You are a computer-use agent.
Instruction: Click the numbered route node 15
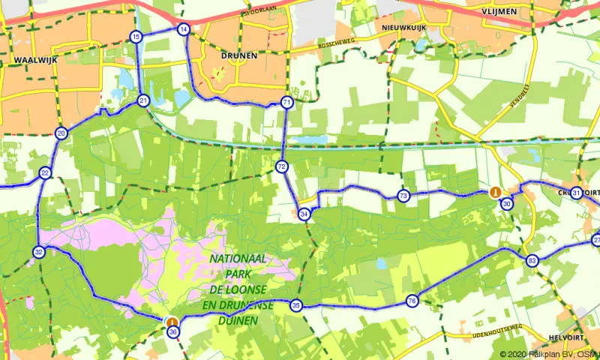135,37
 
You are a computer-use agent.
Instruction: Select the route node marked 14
183,30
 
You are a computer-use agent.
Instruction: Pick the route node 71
286,102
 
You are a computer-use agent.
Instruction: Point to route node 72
282,166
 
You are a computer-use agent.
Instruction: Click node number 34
304,214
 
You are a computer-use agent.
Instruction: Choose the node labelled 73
403,196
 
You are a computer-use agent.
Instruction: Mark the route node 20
61,133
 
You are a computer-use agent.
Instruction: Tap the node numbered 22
46,173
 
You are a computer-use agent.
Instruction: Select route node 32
38,252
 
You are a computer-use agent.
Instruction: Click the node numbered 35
296,305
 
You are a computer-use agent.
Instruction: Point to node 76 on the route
412,301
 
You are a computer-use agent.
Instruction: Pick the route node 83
532,261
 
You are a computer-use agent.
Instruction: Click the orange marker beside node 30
495,193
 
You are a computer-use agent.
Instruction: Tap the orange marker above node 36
172,321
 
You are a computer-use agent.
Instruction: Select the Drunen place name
239,55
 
